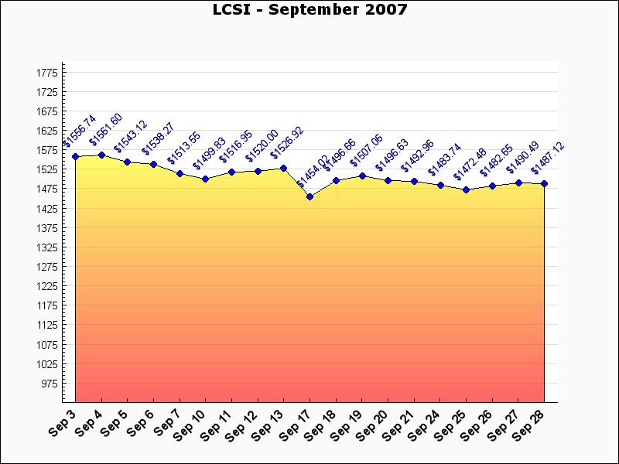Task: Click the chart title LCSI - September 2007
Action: [309, 10]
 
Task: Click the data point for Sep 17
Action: [309, 196]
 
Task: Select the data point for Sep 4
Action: [101, 155]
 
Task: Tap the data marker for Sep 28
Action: [545, 183]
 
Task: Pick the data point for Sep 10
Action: [205, 179]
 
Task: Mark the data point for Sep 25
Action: [466, 189]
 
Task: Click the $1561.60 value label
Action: [106, 138]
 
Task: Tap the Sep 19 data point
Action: [362, 176]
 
